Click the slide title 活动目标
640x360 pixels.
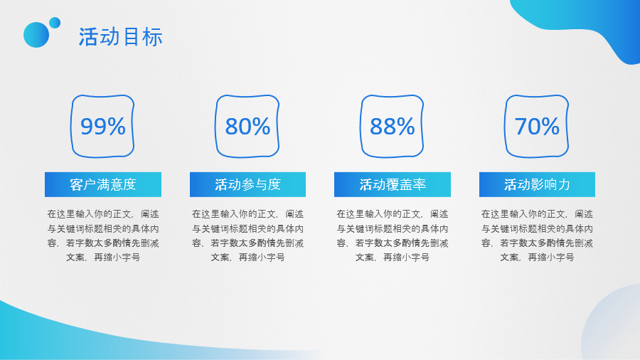coord(121,37)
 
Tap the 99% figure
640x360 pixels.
coord(102,127)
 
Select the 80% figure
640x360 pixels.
coord(247,127)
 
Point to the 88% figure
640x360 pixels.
coord(392,127)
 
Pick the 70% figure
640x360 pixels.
coord(537,127)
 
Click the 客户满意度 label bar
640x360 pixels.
coord(103,185)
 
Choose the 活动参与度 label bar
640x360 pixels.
coord(247,185)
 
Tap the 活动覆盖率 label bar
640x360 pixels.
coord(392,185)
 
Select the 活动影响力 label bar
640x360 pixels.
coord(537,185)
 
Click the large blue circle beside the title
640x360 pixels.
coord(36,35)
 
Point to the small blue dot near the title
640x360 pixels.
coord(55,22)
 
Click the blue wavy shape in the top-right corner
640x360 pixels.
coord(590,25)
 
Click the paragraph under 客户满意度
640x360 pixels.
coord(103,235)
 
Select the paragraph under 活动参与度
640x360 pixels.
coord(247,235)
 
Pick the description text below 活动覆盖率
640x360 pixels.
coord(392,235)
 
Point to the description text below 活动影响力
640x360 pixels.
coord(537,235)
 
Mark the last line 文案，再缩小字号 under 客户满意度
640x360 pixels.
coord(103,258)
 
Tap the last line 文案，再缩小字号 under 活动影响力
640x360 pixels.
coord(537,258)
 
